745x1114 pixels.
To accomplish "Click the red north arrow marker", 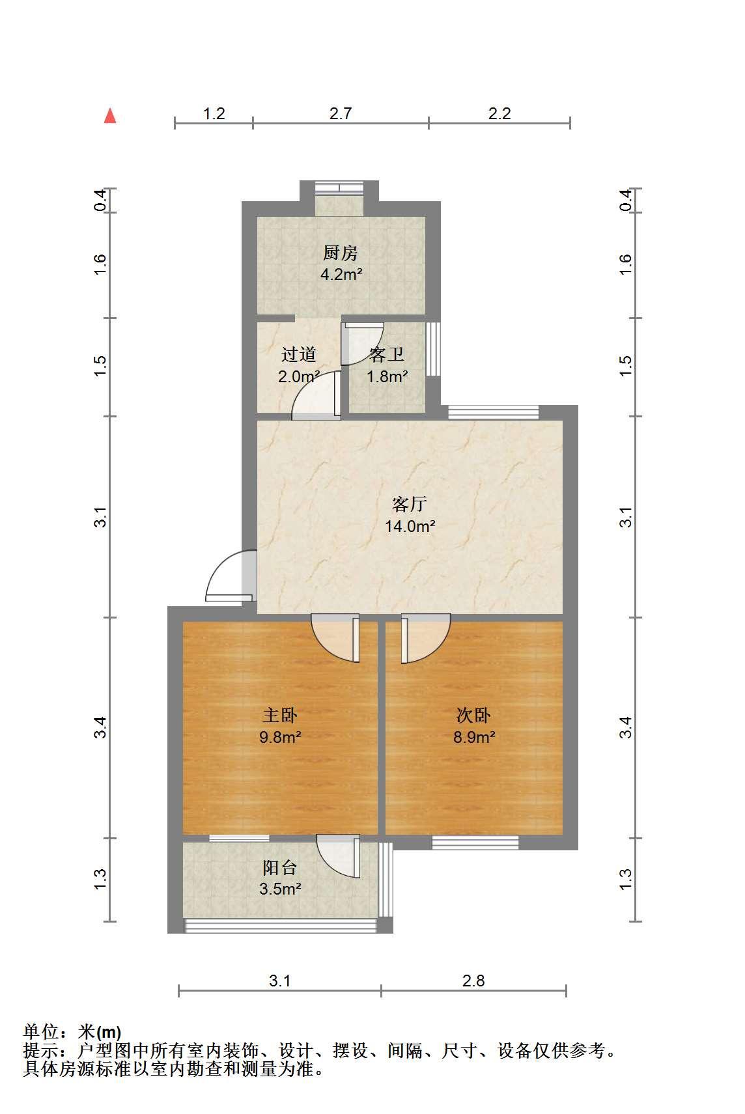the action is pos(110,117).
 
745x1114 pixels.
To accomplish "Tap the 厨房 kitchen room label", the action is pos(340,253).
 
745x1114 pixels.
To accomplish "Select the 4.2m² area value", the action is pos(341,274).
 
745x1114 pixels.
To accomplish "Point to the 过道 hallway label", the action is pos(298,355).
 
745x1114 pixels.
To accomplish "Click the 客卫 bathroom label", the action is pos(386,355).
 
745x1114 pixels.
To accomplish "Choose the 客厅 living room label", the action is pos(410,505).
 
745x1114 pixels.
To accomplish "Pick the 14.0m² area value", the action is pos(410,525).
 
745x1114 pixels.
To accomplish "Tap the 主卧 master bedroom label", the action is pos(280,715).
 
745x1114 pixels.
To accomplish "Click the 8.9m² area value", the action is pos(474,736).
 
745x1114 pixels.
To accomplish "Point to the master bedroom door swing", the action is pos(335,638).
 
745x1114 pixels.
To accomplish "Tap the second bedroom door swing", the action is pos(426,638).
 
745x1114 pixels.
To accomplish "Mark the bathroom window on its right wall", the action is pos(433,349).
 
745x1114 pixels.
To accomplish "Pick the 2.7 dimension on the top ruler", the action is pos(341,113).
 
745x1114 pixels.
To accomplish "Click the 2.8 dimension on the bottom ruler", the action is pos(473,981).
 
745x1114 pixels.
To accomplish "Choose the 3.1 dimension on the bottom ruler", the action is pos(279,981).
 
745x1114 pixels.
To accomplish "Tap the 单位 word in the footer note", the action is pos(41,1032).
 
